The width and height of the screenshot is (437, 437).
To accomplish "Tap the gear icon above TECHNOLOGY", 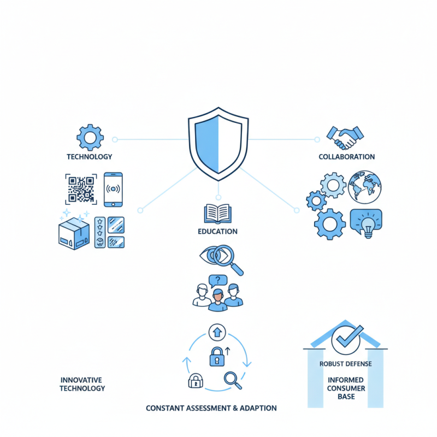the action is pyautogui.click(x=90, y=138).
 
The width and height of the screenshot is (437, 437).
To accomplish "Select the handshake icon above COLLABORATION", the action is pyautogui.click(x=345, y=138).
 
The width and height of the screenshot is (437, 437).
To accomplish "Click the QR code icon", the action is pyautogui.click(x=81, y=189).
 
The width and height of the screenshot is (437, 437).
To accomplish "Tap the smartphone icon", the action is pyautogui.click(x=113, y=190).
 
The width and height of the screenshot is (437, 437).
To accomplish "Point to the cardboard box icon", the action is pyautogui.click(x=74, y=234).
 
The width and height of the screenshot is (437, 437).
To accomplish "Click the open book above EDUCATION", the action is pyautogui.click(x=217, y=214).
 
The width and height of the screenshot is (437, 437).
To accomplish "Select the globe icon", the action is pyautogui.click(x=365, y=187).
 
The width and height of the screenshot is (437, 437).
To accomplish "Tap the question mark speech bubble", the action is pyautogui.click(x=218, y=281).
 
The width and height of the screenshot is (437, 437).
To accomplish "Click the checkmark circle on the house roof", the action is pyautogui.click(x=346, y=340).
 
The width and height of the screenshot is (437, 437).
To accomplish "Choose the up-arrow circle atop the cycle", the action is pyautogui.click(x=217, y=332).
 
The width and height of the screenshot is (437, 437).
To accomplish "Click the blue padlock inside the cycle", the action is pyautogui.click(x=217, y=357).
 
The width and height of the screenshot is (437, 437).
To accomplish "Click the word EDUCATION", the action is pyautogui.click(x=217, y=231).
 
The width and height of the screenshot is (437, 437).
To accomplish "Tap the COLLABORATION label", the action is pyautogui.click(x=347, y=157).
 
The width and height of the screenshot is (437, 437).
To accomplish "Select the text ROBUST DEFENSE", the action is pyautogui.click(x=346, y=364).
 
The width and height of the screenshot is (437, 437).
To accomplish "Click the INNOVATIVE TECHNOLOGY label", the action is pyautogui.click(x=82, y=384).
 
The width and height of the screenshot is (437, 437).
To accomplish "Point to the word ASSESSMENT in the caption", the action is pyautogui.click(x=209, y=408).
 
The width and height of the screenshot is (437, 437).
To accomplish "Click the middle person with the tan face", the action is pyautogui.click(x=217, y=300).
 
